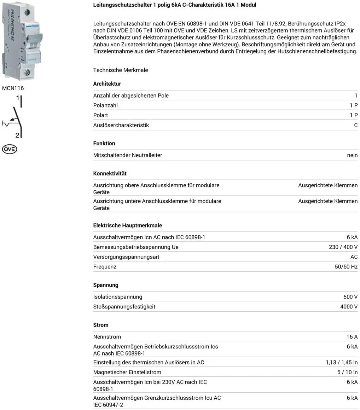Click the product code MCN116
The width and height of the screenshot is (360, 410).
13,88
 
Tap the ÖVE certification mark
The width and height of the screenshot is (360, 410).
10,149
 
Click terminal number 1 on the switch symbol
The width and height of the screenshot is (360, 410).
17,98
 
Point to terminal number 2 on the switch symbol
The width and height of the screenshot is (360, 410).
17,135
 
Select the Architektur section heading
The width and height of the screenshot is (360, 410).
107,84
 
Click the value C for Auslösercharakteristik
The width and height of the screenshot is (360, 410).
356,125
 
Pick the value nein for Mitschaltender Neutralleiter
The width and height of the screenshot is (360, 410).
352,155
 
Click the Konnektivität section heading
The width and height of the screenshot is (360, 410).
110,173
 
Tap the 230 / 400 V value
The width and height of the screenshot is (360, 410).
343,247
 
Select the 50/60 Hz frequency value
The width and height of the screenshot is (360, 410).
346,267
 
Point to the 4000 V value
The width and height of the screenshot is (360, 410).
349,307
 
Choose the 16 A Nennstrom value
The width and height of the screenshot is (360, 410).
352,337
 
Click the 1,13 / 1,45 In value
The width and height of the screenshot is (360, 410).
342,362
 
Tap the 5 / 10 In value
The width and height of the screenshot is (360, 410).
347,372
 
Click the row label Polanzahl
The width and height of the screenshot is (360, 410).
105,105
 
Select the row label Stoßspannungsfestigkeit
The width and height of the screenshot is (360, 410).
124,307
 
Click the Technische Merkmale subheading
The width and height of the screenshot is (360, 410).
121,70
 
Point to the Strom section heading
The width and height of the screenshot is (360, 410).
101,325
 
